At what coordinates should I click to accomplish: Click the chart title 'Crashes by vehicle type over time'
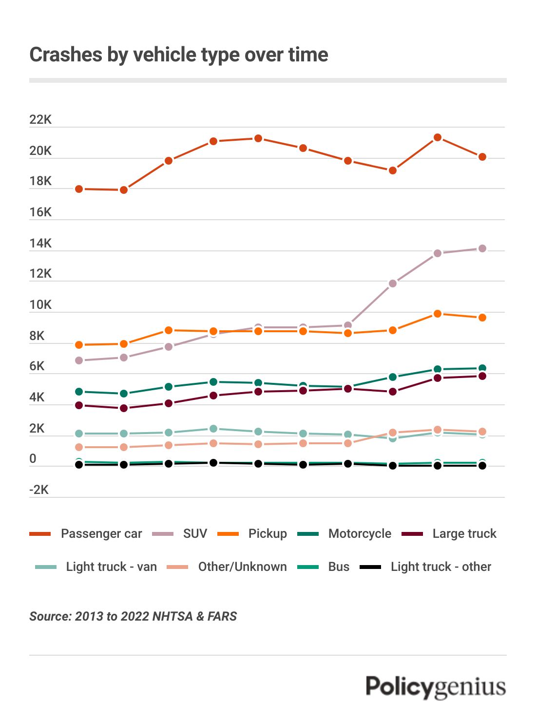[x=178, y=55]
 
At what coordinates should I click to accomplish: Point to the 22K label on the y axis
[x=40, y=120]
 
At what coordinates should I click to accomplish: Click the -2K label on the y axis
[x=39, y=490]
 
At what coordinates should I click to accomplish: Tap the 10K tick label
[x=40, y=305]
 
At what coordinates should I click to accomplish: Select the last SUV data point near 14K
[x=482, y=248]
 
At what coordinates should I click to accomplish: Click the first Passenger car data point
[x=79, y=189]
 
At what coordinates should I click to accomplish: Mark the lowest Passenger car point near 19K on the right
[x=392, y=170]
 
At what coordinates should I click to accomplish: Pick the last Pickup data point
[x=482, y=318]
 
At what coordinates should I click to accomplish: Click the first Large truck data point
[x=79, y=405]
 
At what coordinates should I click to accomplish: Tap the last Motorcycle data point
[x=482, y=368]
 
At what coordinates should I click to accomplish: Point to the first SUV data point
[x=79, y=360]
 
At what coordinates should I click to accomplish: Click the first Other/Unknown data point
[x=79, y=447]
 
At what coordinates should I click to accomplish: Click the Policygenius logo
[x=436, y=687]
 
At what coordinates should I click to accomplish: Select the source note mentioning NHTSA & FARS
[x=133, y=617]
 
